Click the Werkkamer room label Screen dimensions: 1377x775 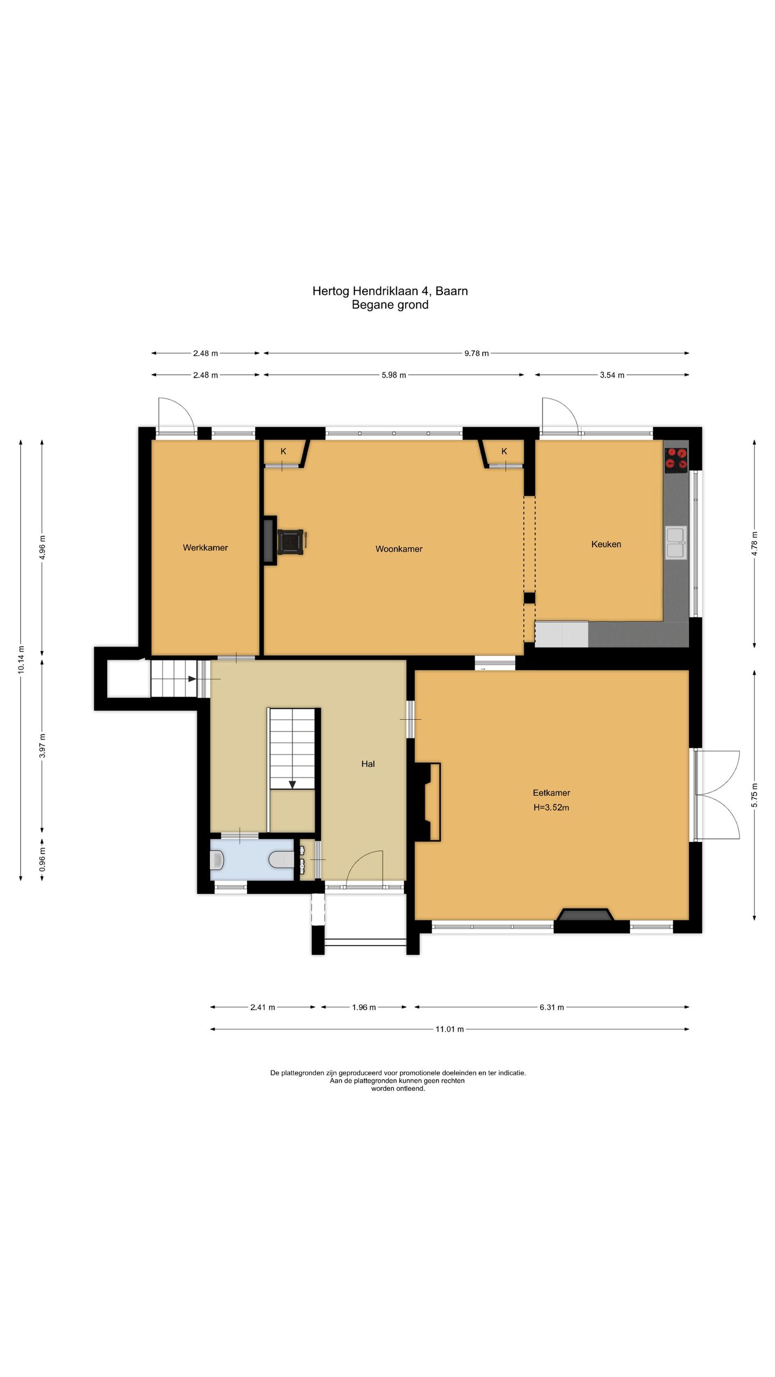pyautogui.click(x=205, y=548)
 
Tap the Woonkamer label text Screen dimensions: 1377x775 pyautogui.click(x=399, y=549)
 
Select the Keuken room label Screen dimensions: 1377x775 pyautogui.click(x=606, y=544)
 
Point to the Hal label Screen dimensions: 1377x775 pyautogui.click(x=368, y=763)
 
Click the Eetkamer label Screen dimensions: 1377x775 pyautogui.click(x=551, y=792)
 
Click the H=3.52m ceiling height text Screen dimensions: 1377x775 pyautogui.click(x=551, y=807)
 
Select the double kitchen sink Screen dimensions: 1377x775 pyautogui.click(x=675, y=543)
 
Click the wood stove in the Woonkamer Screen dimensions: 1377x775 pyautogui.click(x=291, y=541)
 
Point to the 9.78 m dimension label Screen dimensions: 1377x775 pyautogui.click(x=476, y=353)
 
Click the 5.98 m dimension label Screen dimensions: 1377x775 pyautogui.click(x=393, y=375)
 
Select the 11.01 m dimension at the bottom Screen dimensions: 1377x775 pyautogui.click(x=449, y=1029)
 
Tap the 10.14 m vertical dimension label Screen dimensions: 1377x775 pyautogui.click(x=21, y=658)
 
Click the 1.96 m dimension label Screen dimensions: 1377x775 pyautogui.click(x=364, y=1007)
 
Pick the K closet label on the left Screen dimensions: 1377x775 pyautogui.click(x=283, y=451)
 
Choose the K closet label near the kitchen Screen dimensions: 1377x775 pyautogui.click(x=504, y=451)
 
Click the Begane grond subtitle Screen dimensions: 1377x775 pyautogui.click(x=390, y=305)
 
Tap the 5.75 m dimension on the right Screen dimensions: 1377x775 pyautogui.click(x=755, y=796)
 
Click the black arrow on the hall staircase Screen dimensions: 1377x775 pyautogui.click(x=292, y=784)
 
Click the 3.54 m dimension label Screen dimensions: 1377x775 pyautogui.click(x=612, y=375)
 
